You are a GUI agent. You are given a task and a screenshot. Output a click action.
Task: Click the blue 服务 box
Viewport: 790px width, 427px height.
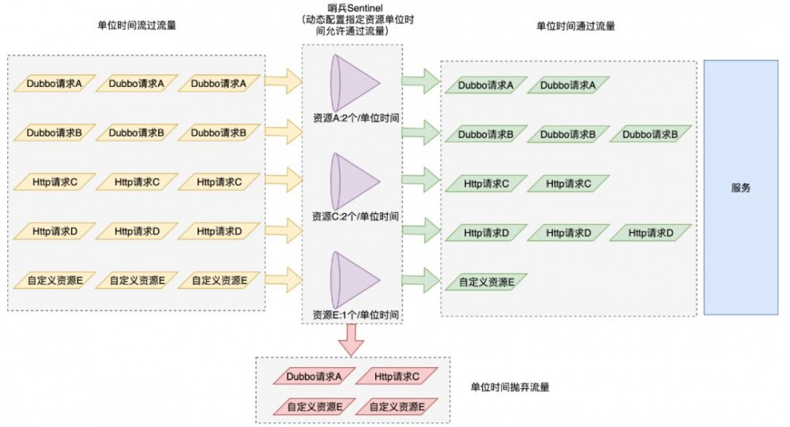point(740,188)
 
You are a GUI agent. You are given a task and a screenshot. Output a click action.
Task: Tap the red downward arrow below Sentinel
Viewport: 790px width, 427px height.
point(352,339)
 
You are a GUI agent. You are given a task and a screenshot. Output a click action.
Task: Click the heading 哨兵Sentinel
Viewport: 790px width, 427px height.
point(352,8)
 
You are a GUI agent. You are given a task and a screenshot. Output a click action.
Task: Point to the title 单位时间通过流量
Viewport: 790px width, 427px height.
point(575,25)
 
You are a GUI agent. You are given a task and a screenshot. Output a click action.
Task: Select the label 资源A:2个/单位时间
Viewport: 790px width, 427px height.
point(355,118)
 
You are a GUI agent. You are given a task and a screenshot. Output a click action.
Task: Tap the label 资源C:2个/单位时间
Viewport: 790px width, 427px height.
point(355,215)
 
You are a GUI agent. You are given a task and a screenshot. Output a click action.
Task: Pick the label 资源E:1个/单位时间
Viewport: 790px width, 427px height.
point(355,315)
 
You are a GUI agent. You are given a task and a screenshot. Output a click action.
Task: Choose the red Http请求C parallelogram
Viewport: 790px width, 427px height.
point(397,378)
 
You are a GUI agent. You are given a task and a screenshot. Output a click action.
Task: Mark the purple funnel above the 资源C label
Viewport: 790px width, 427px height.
point(355,181)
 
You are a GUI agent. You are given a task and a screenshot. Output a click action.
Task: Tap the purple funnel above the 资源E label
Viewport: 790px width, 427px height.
point(355,279)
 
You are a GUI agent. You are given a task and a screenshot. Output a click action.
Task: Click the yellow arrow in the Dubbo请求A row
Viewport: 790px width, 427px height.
point(284,81)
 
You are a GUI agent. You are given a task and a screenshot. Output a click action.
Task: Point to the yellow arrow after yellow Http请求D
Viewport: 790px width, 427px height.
point(284,230)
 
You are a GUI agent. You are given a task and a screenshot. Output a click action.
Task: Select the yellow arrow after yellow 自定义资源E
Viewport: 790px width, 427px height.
point(284,279)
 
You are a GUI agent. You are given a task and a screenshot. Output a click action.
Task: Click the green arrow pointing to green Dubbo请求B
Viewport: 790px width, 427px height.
point(420,133)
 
